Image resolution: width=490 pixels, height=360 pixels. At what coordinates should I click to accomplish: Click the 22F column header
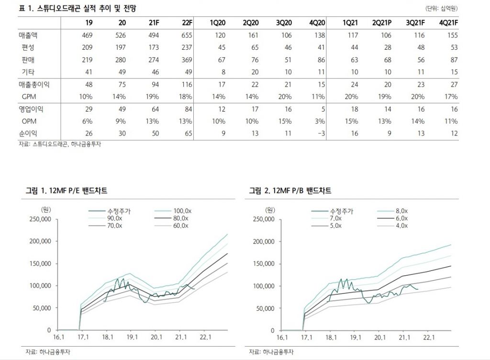click(187, 23)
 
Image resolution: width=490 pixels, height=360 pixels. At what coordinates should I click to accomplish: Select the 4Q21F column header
click(448, 23)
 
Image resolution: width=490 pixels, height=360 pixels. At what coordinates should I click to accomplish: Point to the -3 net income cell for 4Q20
click(320, 134)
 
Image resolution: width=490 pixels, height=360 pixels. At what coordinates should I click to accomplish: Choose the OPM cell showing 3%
click(320, 121)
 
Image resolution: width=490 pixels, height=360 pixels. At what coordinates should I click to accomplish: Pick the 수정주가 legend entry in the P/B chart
click(340, 211)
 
